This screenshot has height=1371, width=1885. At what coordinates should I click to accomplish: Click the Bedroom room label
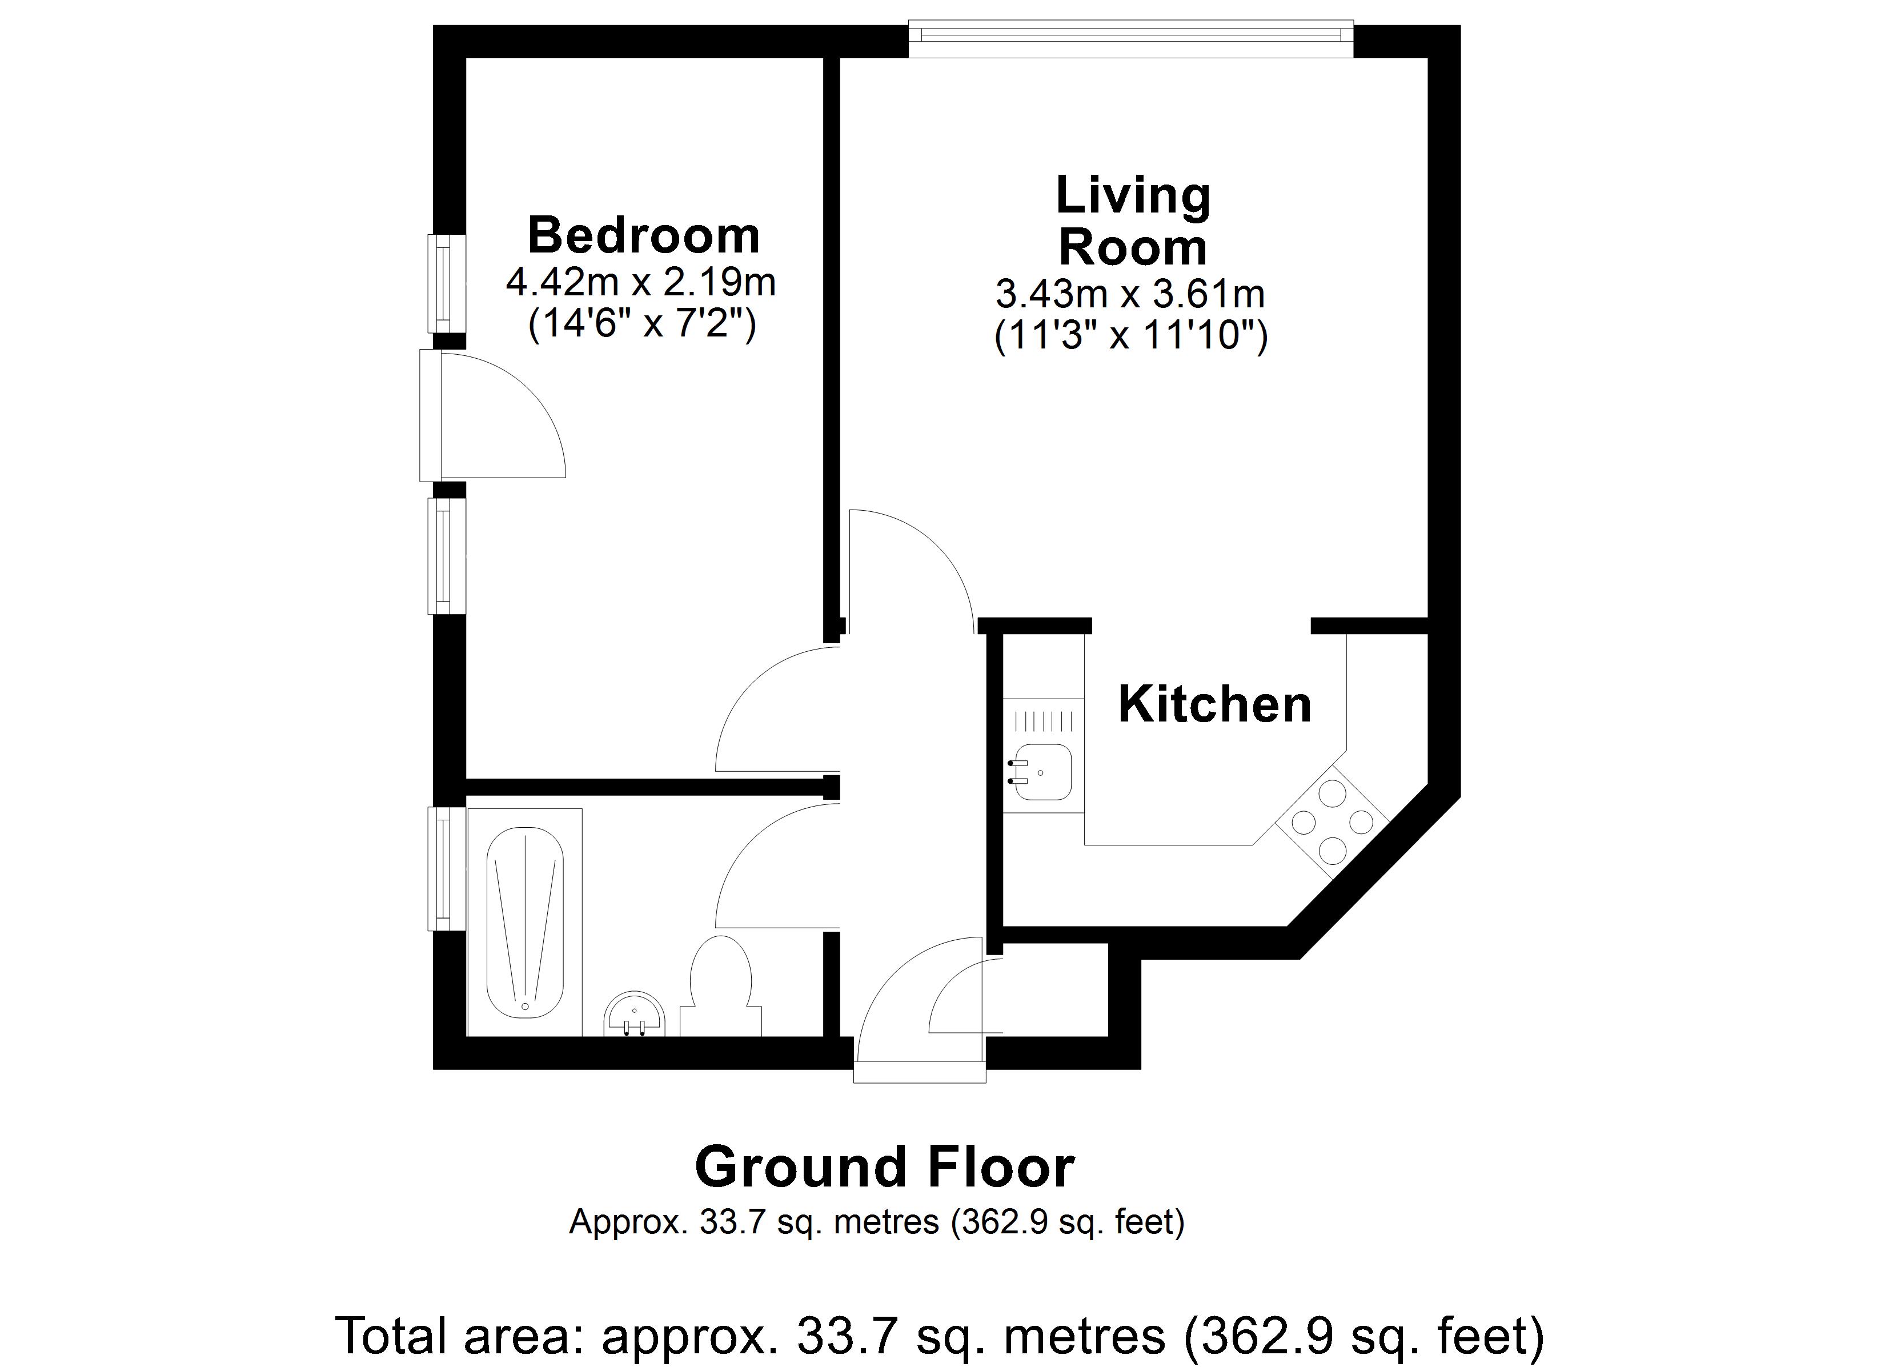click(644, 235)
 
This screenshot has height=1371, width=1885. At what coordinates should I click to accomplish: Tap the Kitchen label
click(1214, 704)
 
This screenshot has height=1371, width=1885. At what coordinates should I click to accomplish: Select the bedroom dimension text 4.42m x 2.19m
click(641, 283)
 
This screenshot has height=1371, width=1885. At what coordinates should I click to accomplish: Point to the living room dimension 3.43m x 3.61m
click(1130, 294)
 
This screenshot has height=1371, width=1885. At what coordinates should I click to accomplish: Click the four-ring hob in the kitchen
click(1331, 821)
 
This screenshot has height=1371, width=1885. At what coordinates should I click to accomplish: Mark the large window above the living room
click(1130, 40)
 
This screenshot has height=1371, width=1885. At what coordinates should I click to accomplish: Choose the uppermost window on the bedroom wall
click(446, 283)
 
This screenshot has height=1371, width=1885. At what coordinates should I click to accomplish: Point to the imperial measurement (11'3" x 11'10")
click(1130, 336)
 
